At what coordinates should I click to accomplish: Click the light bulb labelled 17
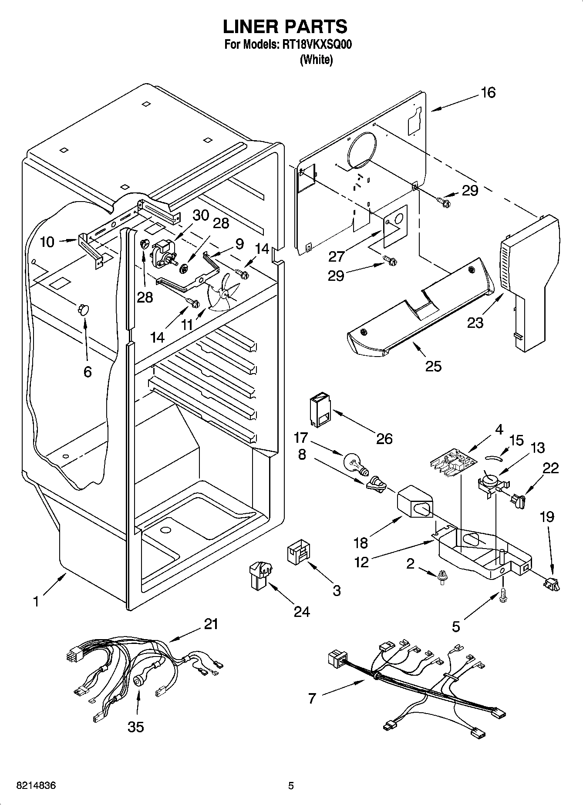(x=355, y=463)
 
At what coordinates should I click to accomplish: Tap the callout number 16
(x=489, y=93)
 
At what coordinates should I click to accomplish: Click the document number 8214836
(x=36, y=785)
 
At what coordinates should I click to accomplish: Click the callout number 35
(x=136, y=727)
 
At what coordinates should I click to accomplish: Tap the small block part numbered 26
(x=319, y=409)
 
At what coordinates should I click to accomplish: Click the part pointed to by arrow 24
(x=260, y=574)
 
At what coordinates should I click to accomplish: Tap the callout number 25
(x=433, y=366)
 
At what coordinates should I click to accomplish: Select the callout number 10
(x=47, y=242)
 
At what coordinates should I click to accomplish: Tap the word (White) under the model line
(x=317, y=60)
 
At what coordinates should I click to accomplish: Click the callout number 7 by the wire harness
(x=312, y=698)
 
